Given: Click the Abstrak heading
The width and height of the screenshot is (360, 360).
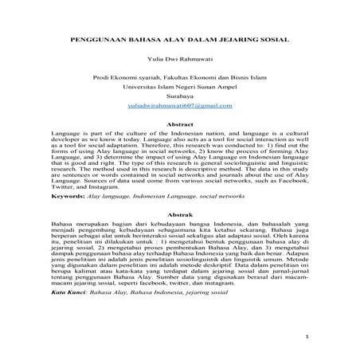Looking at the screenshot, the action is pyautogui.click(x=180, y=216).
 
